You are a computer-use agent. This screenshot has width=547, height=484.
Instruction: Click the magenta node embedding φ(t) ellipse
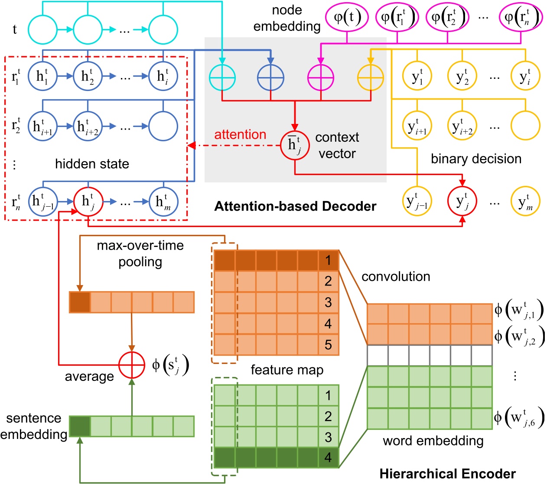click(347, 18)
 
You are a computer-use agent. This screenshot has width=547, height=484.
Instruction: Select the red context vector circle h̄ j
click(295, 145)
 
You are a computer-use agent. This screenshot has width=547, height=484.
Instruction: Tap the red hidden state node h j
click(88, 201)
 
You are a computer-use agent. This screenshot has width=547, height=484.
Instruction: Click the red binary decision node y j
click(462, 201)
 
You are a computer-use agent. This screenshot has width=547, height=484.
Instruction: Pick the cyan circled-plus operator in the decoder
click(222, 78)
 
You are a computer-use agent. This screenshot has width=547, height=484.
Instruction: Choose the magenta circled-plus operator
click(320, 78)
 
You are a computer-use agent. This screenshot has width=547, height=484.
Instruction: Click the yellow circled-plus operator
click(370, 78)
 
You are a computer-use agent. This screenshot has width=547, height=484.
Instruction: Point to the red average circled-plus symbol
click(132, 365)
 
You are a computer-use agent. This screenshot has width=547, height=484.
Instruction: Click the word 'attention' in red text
click(240, 134)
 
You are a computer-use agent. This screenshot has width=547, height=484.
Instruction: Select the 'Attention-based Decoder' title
click(295, 206)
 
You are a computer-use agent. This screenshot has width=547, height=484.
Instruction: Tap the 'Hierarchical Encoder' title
click(448, 474)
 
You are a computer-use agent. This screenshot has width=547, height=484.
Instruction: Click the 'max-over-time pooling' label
click(140, 253)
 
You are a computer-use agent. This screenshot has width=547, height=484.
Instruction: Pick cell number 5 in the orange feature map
click(328, 344)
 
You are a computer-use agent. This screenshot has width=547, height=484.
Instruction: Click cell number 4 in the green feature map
click(328, 457)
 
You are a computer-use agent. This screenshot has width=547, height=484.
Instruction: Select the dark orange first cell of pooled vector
click(80, 302)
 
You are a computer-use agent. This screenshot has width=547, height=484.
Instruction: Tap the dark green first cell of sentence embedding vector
click(80, 426)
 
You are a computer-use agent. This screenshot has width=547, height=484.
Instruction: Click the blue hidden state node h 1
click(42, 76)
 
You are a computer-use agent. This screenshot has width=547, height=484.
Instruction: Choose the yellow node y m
click(525, 201)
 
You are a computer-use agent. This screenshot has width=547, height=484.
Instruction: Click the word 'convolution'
click(396, 276)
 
